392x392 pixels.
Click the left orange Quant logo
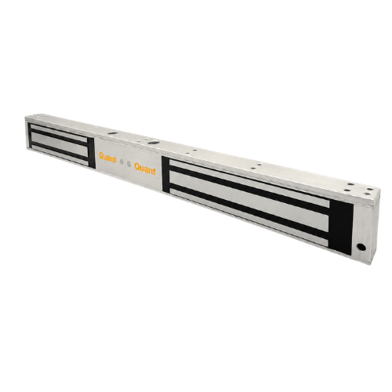(x=107, y=158)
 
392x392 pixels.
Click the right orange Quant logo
(x=145, y=169)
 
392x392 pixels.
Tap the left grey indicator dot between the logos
(x=122, y=162)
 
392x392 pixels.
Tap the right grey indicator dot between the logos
(x=129, y=164)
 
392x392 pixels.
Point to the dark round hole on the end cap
(x=361, y=247)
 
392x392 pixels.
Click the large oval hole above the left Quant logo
(x=113, y=133)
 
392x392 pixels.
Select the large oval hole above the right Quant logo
(x=152, y=143)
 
